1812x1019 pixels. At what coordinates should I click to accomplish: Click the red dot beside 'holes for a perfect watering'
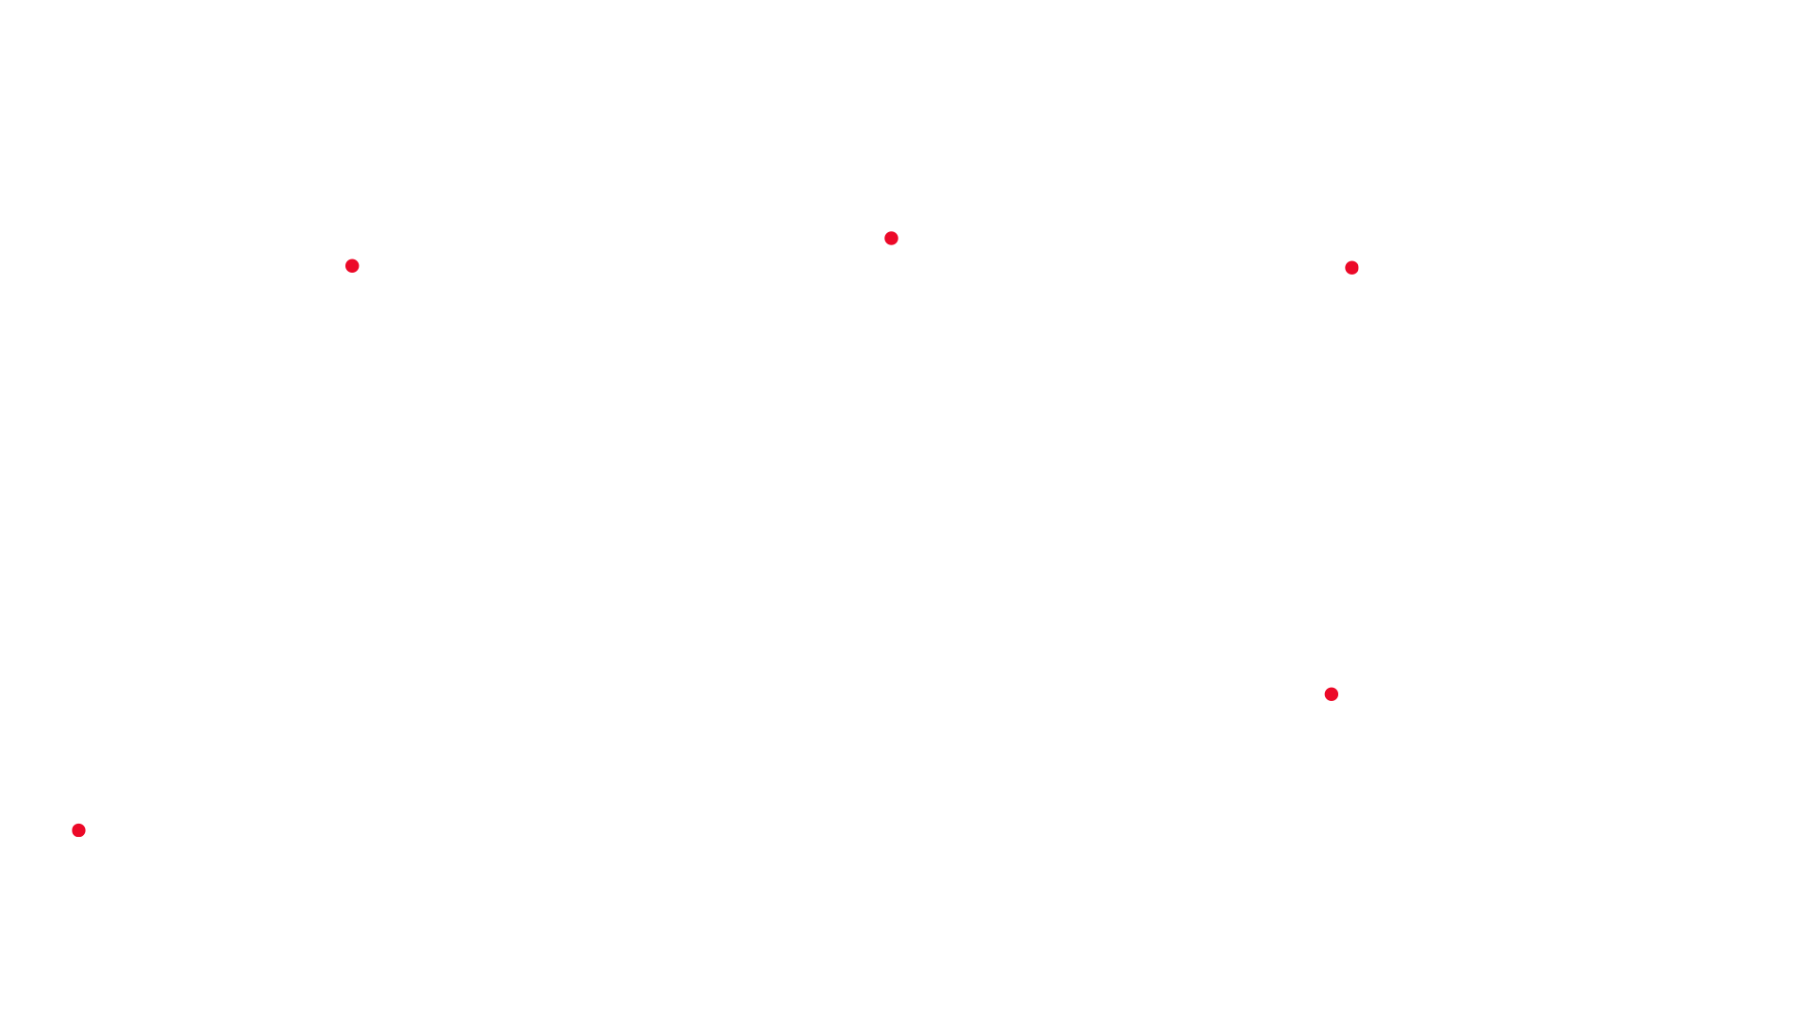352,266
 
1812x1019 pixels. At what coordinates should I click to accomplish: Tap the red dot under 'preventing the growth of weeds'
891,239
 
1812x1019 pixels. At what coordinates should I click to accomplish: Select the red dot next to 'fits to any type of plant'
1351,268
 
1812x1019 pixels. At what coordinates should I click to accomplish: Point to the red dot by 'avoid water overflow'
1332,694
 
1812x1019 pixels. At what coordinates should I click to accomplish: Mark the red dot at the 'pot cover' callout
79,830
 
